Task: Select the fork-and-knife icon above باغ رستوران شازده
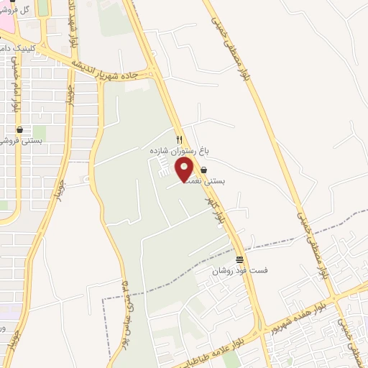pos(180,138)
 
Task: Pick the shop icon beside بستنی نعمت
pos(204,170)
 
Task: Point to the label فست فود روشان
pos(239,271)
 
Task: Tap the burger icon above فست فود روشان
pos(239,259)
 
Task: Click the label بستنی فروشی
pos(22,142)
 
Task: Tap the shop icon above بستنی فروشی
pos(19,129)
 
